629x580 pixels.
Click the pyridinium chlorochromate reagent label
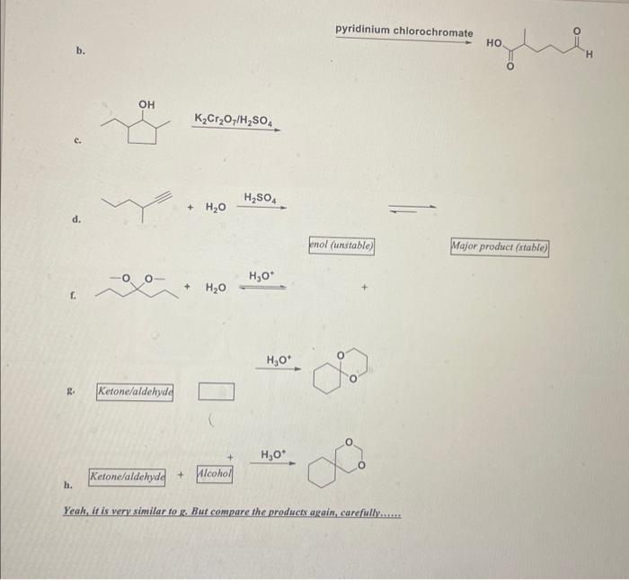coord(403,31)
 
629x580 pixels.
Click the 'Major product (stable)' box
coord(500,246)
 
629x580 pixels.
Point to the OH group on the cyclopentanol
coord(146,105)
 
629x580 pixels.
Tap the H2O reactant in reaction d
coord(216,208)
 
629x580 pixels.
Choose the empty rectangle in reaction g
coord(216,391)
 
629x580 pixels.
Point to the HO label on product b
coord(494,42)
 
